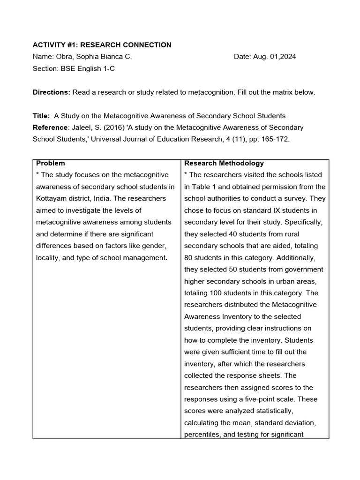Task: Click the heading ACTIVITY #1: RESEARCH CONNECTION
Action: point(102,45)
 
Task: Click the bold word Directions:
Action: point(51,92)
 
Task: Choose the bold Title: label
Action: point(41,116)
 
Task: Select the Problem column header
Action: point(51,164)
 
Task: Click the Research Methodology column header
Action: point(224,164)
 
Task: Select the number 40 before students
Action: point(233,234)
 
